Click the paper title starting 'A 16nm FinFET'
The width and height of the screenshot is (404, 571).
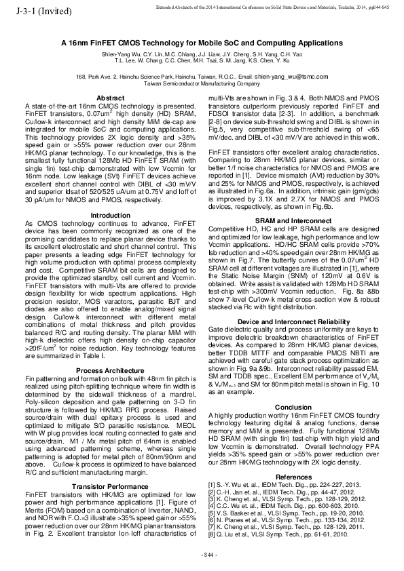coord(202,42)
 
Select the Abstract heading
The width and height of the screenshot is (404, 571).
coord(111,99)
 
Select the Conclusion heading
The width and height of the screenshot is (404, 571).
coord(293,408)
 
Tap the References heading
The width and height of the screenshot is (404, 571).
coord(293,477)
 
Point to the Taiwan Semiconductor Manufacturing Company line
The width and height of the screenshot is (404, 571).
coord(202,85)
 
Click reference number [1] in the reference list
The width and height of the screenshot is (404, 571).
coord(212,484)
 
